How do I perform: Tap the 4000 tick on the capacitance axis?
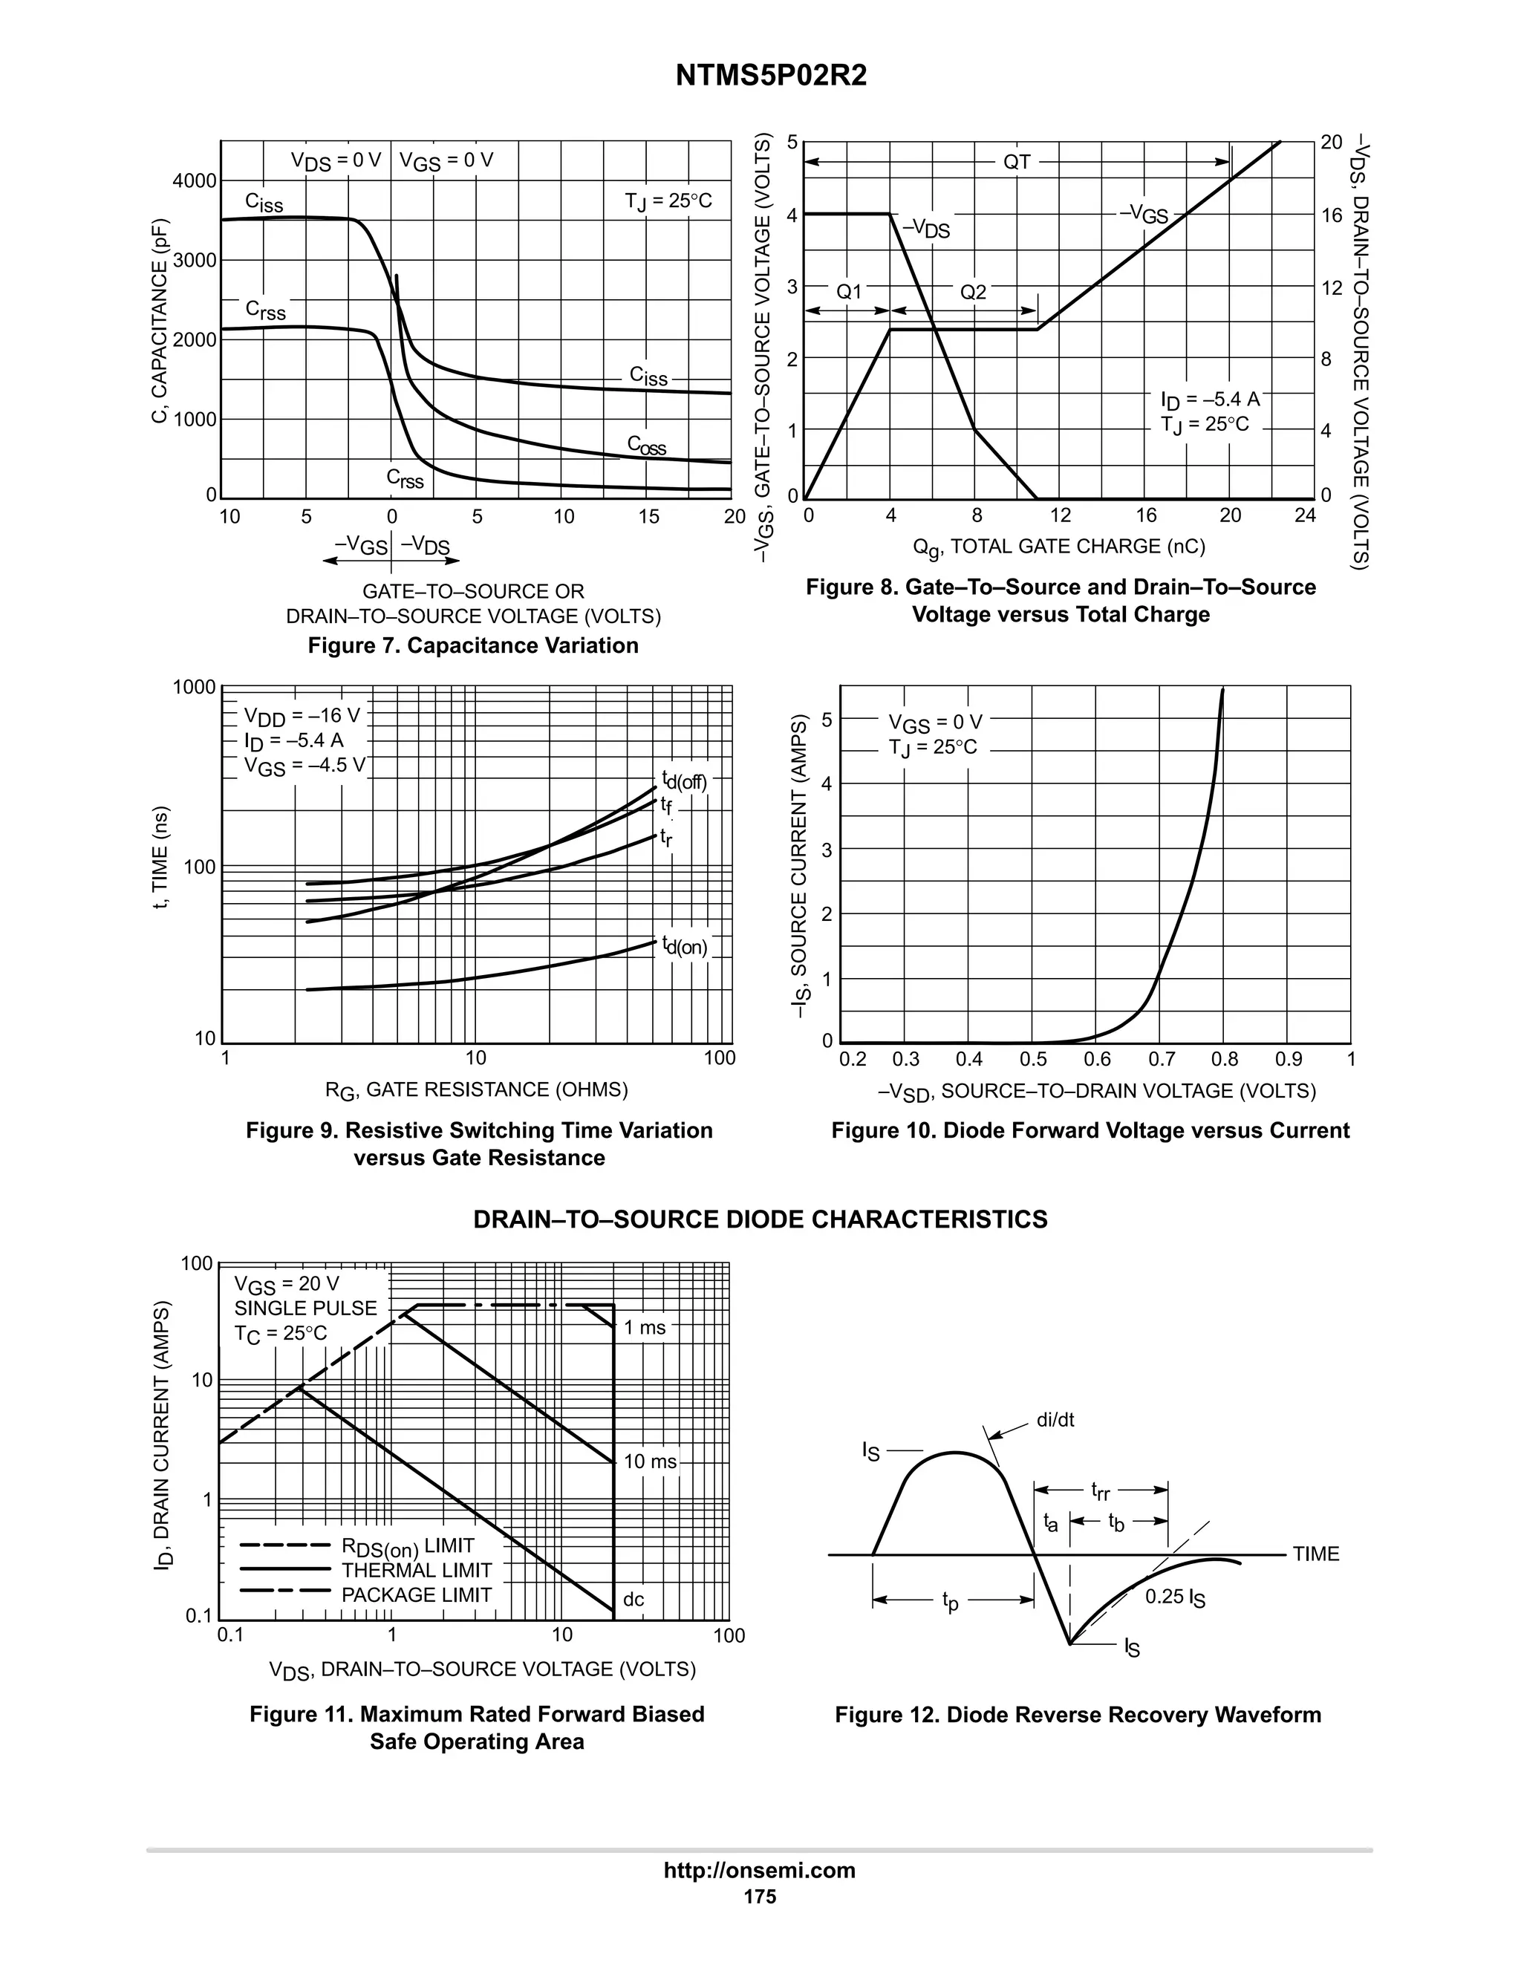tap(195, 181)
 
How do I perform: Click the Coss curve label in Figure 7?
tap(647, 445)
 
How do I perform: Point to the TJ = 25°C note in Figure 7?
tap(668, 201)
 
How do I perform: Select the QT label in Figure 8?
tap(1017, 162)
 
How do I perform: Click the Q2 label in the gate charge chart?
tap(973, 292)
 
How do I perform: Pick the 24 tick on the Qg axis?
tap(1304, 515)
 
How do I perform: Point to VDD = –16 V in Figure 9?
tap(302, 717)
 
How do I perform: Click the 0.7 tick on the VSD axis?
tap(1162, 1060)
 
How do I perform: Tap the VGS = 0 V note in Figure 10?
tap(935, 723)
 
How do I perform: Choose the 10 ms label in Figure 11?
tap(650, 1462)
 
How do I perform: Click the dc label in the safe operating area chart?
tap(634, 1600)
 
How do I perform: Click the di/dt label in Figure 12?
tap(1055, 1420)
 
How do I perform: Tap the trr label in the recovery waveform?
tap(1100, 1491)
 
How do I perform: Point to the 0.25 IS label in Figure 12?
tap(1175, 1597)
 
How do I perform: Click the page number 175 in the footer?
tap(760, 1897)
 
